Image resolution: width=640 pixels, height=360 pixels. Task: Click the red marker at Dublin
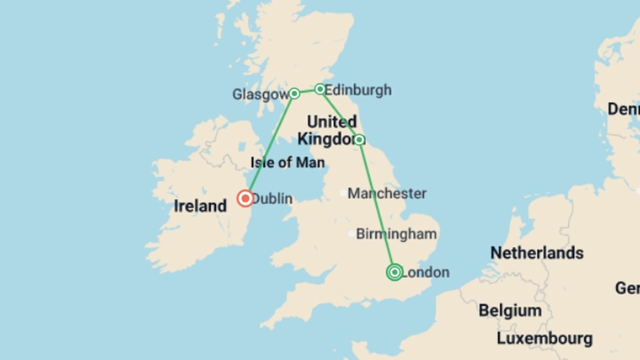point(245,199)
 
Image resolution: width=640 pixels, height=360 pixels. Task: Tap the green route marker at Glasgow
point(294,93)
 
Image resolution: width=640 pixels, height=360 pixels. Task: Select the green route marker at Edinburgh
point(320,89)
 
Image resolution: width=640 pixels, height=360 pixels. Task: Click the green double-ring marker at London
point(395,272)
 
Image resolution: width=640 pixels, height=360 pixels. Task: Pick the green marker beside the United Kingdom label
point(359,139)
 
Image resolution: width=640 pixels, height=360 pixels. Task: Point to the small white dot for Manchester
point(343,193)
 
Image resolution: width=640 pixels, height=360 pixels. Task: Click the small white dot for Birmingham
point(352,234)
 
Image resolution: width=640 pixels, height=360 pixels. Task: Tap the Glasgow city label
point(260,94)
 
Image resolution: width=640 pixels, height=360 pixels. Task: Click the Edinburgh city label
point(358,90)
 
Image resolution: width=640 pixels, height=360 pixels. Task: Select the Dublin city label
point(273,199)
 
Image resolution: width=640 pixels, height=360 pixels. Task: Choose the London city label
point(426,272)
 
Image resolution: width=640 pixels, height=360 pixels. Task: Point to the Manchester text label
point(387,193)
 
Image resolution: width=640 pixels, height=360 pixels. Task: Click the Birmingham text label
point(396,234)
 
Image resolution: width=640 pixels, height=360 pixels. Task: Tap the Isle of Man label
point(287,163)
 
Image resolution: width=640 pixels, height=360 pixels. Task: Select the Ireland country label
point(200,206)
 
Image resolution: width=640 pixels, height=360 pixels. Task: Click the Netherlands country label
point(537,253)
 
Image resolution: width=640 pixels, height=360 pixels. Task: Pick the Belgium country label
point(510,311)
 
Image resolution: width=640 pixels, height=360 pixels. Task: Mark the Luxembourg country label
point(545,339)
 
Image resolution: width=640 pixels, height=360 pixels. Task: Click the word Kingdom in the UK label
point(327,139)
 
